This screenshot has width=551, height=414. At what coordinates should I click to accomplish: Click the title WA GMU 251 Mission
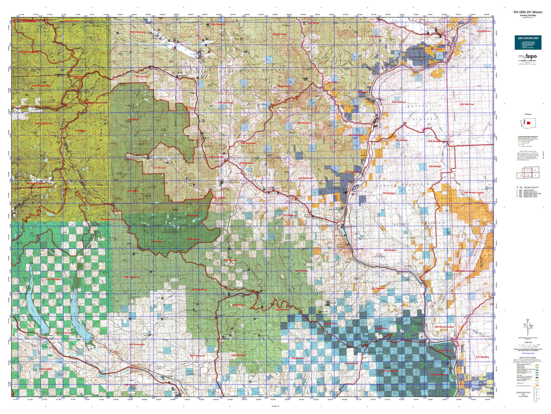(528, 12)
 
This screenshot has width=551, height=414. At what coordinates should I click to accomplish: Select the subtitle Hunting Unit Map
(528, 15)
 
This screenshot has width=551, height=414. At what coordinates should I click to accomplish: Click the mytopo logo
(527, 57)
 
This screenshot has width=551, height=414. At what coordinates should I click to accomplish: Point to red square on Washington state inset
(529, 123)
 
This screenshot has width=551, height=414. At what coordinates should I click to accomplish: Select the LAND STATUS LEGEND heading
(527, 358)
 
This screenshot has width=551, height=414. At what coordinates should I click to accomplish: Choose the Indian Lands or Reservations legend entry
(523, 386)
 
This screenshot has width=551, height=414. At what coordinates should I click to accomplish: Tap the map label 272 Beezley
(482, 357)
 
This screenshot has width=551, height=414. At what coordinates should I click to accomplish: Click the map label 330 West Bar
(446, 350)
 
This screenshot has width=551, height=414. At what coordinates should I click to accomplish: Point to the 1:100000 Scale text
(528, 342)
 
